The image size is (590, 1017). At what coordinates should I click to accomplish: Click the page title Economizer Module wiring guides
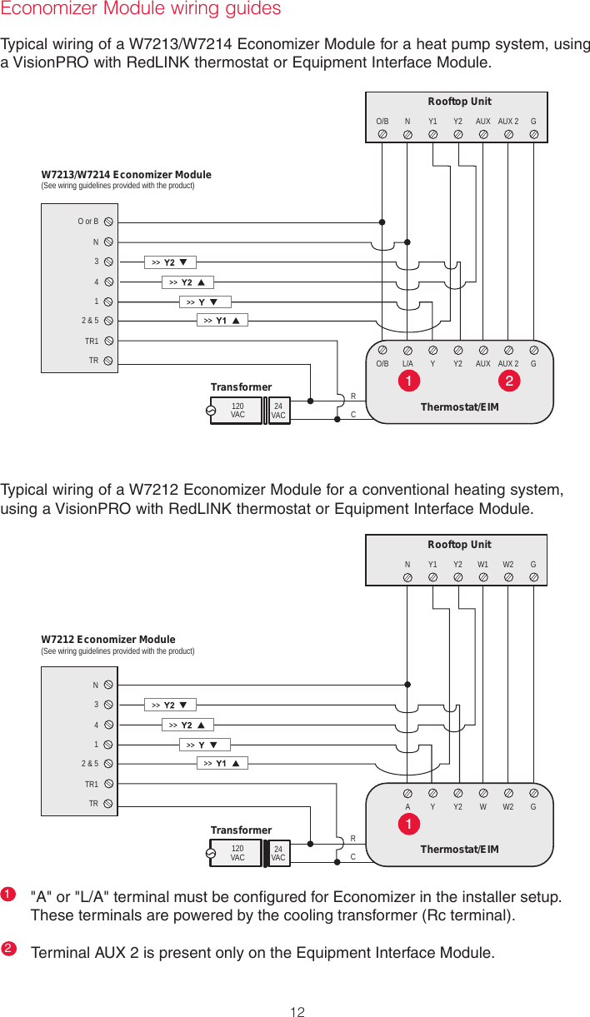coord(141,9)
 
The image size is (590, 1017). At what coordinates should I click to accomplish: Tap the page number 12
coord(296,1012)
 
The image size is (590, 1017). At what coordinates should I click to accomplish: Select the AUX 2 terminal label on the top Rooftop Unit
coord(508,121)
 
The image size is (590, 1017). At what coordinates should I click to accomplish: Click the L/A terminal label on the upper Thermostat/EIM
coord(407,363)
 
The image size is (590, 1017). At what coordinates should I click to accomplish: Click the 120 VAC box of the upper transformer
coord(237,411)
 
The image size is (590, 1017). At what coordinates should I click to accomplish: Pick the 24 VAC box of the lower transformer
coord(278,853)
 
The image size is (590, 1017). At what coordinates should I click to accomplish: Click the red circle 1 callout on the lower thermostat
coord(409,824)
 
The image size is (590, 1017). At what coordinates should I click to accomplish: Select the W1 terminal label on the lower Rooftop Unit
coord(483,564)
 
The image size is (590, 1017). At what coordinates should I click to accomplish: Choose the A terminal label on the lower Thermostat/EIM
coord(407,806)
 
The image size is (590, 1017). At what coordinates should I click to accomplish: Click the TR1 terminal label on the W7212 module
coord(91,784)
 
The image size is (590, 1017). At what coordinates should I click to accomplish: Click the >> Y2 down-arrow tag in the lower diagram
coord(169,705)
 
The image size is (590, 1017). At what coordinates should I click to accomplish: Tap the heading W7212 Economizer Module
coord(108,640)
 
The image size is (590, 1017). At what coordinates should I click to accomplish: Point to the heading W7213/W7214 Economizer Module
coord(126,175)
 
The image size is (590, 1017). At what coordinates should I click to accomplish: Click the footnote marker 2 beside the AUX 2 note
coord(7,949)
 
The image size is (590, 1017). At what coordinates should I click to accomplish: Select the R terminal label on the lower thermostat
coord(352,839)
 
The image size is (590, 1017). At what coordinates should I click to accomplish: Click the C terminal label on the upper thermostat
coord(353,414)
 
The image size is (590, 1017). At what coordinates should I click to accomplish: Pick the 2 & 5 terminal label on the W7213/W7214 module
coord(90,320)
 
